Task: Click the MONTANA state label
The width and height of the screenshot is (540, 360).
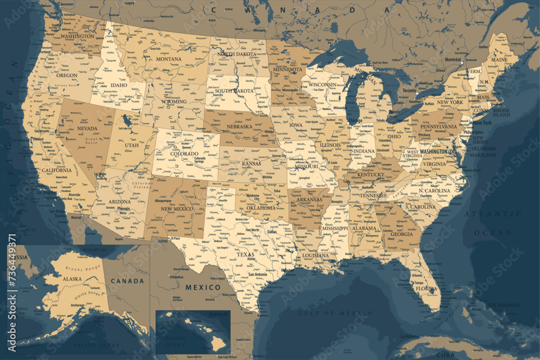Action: (x=169, y=59)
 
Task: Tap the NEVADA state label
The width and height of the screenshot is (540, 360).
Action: (x=87, y=128)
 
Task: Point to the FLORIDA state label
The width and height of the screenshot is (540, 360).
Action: (x=427, y=288)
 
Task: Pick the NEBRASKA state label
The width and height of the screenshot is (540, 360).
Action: (x=240, y=126)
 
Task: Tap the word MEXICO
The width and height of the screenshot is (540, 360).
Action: (x=203, y=287)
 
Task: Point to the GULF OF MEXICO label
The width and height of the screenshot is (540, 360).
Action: (x=335, y=313)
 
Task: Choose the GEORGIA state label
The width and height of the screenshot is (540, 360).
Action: (x=402, y=234)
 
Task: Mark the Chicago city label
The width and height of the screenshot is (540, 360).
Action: (x=355, y=120)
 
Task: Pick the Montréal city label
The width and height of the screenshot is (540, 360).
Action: (x=453, y=59)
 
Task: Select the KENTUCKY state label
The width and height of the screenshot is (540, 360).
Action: (x=371, y=174)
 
